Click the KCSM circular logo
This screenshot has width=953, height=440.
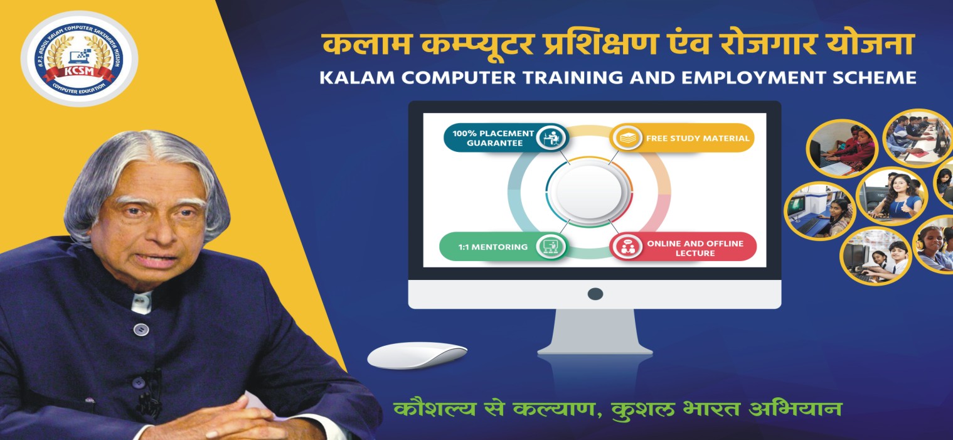(80, 58)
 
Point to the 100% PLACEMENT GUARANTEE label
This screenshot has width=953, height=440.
(493, 138)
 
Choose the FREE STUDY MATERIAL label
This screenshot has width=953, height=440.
(698, 138)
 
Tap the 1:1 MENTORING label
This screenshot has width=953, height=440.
(492, 247)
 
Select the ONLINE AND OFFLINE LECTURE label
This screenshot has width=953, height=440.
(695, 248)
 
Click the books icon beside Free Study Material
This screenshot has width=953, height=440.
(627, 138)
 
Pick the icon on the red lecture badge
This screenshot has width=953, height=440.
(627, 247)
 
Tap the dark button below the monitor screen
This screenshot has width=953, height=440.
(595, 294)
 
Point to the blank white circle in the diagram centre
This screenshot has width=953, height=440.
(589, 192)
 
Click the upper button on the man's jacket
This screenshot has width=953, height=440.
(141, 329)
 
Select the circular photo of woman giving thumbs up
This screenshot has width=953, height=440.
(892, 196)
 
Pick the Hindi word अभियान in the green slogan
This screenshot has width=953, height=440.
(795, 409)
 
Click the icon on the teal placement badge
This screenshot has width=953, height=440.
(552, 138)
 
